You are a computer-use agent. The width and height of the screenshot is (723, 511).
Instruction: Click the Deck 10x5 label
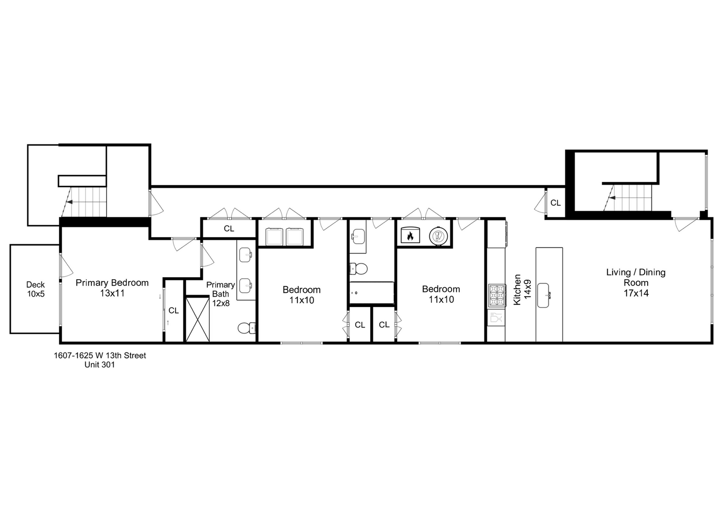(x=36, y=289)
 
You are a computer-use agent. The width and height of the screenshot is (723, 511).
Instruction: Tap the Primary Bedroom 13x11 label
(x=112, y=288)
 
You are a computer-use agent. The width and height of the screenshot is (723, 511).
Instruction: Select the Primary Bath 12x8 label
(x=220, y=294)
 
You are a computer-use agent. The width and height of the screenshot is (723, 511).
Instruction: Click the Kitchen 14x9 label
(x=522, y=290)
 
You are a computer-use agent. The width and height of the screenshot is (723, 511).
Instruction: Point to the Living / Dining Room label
(x=636, y=282)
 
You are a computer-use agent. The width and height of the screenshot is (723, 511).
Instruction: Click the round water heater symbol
(x=437, y=236)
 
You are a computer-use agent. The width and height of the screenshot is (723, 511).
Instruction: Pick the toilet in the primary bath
(x=246, y=328)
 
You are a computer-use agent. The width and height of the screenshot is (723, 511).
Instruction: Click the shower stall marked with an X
(x=197, y=318)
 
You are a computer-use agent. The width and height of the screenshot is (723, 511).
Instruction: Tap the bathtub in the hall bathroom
(x=372, y=293)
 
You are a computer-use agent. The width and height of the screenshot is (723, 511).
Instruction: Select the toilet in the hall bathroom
(x=359, y=269)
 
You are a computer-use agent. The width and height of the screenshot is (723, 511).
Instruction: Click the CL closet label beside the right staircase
(x=555, y=203)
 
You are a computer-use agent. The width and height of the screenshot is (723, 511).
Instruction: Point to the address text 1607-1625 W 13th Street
(x=100, y=355)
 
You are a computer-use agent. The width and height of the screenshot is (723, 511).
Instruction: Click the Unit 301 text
(x=100, y=365)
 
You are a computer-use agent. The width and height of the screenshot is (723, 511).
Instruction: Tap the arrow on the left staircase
(x=69, y=202)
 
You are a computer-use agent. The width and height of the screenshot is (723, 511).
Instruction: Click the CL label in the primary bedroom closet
(x=174, y=310)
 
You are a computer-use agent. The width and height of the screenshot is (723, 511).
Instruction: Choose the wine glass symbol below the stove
(x=495, y=318)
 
